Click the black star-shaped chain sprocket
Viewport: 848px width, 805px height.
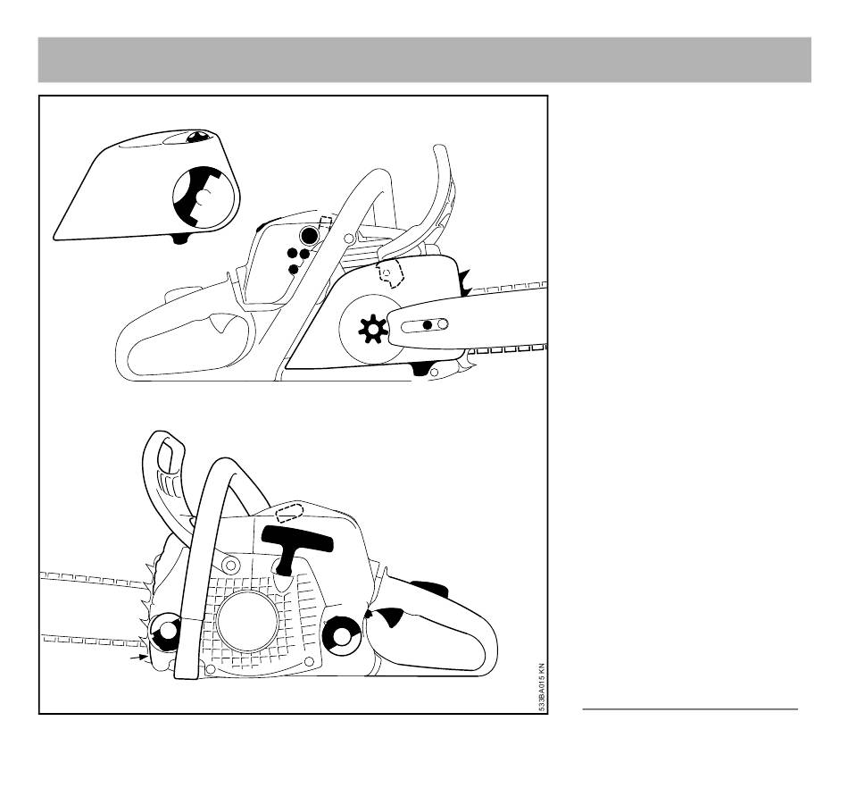[372, 329]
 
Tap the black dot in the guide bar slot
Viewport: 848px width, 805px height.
[428, 325]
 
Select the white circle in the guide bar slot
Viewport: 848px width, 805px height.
[443, 324]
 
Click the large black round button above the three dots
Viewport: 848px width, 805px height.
[310, 235]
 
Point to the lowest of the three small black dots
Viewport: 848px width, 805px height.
[294, 269]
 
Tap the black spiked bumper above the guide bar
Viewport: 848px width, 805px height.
[464, 282]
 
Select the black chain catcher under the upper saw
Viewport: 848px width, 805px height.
[421, 369]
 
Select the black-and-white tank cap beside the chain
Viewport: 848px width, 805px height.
[166, 632]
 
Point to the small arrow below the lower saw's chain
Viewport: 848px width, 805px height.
[139, 658]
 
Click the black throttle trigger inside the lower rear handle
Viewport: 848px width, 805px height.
[389, 617]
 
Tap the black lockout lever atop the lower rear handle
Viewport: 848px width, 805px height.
[429, 588]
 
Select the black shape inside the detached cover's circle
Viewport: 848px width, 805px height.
[198, 196]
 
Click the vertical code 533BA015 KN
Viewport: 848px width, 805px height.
[542, 687]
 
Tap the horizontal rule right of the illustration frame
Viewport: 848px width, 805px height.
[690, 709]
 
